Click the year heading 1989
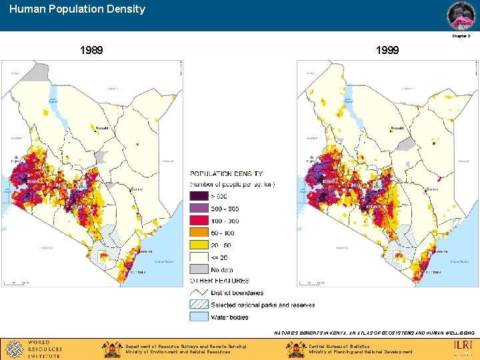91,50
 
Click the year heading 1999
387,50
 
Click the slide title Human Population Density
77,9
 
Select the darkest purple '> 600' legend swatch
199,196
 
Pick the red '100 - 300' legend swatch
199,221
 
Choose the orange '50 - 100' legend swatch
199,233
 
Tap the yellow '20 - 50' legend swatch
199,245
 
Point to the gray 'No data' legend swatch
199,269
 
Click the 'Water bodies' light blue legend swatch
199,317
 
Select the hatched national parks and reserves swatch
199,305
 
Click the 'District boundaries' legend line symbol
199,292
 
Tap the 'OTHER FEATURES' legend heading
220,281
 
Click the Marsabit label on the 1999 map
399,128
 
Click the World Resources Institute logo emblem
13,349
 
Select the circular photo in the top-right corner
461,15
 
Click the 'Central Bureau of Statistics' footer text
340,346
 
